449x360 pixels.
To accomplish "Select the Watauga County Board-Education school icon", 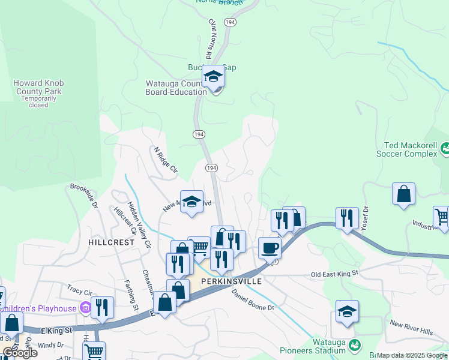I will (x=213, y=77).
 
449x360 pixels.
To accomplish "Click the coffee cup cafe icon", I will (x=270, y=248).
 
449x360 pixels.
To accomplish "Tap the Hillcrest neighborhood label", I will (x=111, y=242).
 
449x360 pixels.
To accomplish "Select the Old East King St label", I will (x=334, y=274).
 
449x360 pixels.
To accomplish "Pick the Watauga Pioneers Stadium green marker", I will (x=355, y=345).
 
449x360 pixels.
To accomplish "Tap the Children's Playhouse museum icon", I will (x=85, y=308).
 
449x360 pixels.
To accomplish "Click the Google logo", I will (x=20, y=352).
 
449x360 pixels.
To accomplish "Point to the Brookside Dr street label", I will (x=84, y=195).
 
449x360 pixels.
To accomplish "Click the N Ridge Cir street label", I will (x=166, y=160).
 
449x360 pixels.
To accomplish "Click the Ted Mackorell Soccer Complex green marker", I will (x=445, y=148).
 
